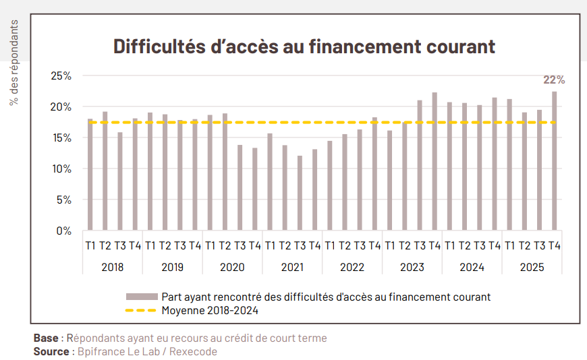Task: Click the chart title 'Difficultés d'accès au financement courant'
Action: click(x=304, y=47)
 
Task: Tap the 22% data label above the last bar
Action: click(x=554, y=80)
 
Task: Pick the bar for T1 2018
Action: click(x=90, y=175)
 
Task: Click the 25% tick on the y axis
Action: click(x=61, y=76)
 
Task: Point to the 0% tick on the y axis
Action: click(x=63, y=231)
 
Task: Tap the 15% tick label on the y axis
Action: click(x=61, y=138)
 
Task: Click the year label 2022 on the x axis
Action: click(x=352, y=267)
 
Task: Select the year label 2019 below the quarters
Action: click(x=172, y=267)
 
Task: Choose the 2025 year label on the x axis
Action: click(x=532, y=267)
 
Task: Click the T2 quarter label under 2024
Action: click(x=465, y=246)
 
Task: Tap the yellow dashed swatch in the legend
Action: click(x=140, y=311)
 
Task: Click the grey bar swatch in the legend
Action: click(x=140, y=297)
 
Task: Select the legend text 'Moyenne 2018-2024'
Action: click(x=210, y=311)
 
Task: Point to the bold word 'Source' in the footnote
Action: click(x=51, y=351)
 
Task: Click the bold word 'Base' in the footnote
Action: click(x=45, y=338)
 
